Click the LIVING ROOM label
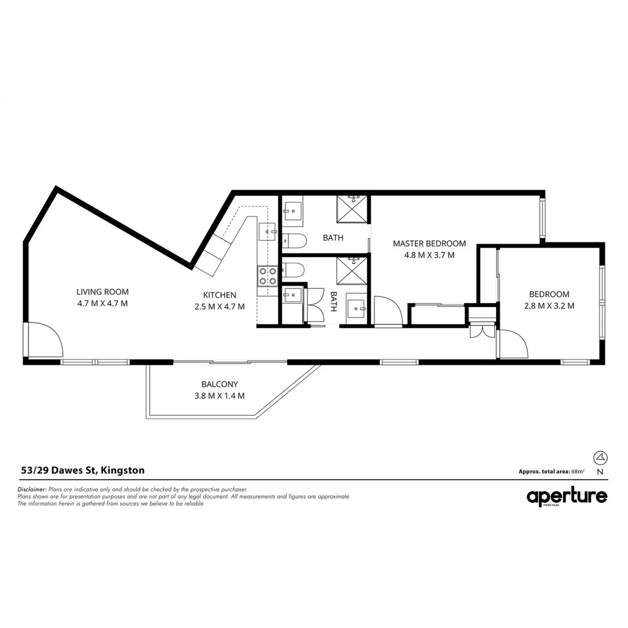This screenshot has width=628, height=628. tap(102, 292)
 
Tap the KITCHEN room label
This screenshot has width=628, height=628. tap(219, 295)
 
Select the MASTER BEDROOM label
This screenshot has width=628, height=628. tap(429, 244)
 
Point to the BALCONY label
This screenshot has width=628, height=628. tap(219, 384)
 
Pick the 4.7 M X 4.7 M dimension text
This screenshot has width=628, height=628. tap(102, 304)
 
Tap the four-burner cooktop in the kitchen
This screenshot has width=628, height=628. tap(267, 276)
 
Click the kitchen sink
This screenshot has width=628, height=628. tap(269, 232)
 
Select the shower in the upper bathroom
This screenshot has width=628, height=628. tap(352, 209)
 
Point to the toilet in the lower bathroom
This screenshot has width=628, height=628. tap(294, 270)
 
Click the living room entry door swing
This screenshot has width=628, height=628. tap(45, 340)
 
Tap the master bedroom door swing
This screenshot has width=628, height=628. tap(385, 312)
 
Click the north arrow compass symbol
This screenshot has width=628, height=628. tap(600, 457)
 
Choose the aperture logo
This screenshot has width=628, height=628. tap(567, 497)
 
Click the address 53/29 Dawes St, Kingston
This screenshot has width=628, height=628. tap(83, 470)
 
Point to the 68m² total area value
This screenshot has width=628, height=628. tap(577, 472)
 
